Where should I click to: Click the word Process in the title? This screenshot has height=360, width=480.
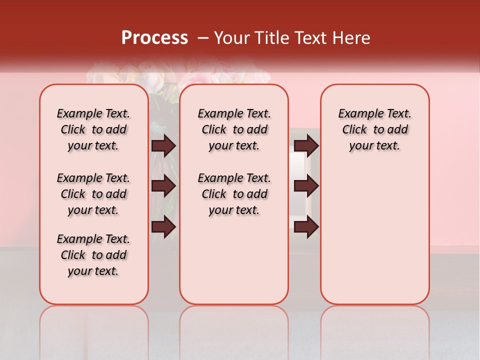(154, 38)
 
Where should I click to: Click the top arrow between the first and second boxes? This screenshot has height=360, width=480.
(163, 146)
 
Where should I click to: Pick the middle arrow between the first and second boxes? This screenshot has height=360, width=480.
(163, 186)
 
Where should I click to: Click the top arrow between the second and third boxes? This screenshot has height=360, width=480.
(306, 146)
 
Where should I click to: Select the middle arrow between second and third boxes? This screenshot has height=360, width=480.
(306, 186)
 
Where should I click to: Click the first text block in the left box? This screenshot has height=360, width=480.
(93, 129)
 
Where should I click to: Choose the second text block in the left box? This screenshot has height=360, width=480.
(93, 194)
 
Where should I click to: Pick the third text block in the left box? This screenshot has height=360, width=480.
(93, 255)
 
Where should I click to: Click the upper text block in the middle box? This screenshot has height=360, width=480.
(234, 129)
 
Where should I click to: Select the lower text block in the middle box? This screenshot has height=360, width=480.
(234, 194)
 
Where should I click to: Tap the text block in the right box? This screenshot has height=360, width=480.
(374, 129)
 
